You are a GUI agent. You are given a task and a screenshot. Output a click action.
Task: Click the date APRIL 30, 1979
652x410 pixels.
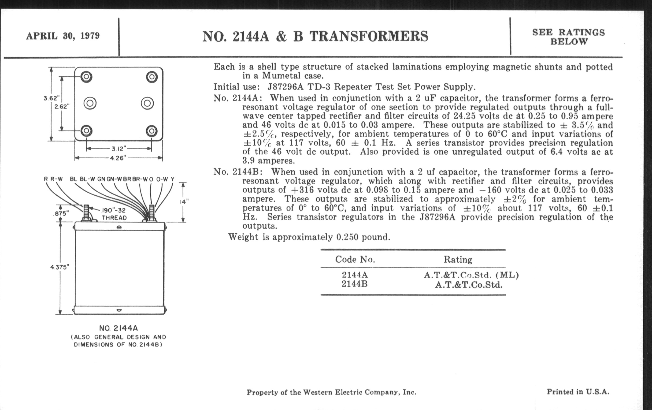tap(63, 36)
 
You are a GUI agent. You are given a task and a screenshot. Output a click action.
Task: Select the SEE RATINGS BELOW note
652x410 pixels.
tap(568, 37)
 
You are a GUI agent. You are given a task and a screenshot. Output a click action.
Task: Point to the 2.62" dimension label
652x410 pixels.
tap(62, 107)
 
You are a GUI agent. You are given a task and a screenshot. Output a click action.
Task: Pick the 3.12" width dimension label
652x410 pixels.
tap(119, 148)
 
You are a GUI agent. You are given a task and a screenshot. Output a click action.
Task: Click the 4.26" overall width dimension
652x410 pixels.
tap(118, 158)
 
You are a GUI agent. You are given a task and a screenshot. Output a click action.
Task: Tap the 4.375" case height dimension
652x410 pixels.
tap(60, 267)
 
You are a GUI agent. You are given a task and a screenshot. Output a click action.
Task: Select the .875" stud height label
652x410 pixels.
tap(61, 214)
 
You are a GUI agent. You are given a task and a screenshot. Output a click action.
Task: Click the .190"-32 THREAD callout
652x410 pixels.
tap(114, 214)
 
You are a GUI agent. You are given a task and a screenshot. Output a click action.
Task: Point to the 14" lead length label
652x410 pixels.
tap(184, 202)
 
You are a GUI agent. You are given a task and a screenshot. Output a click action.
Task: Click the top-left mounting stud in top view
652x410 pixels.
tap(86, 77)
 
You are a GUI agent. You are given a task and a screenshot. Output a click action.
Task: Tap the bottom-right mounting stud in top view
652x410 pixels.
tap(152, 131)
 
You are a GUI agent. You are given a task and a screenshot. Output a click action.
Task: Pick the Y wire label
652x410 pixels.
tap(172, 179)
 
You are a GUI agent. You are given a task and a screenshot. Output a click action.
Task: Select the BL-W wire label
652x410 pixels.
tap(87, 179)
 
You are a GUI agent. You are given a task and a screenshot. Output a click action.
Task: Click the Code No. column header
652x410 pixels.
tap(355, 259)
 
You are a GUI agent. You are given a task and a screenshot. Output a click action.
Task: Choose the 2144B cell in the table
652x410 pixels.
tap(354, 284)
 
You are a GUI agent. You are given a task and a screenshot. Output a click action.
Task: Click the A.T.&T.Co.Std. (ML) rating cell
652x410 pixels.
tap(471, 275)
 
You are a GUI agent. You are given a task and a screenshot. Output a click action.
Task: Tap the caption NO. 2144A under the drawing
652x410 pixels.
tap(118, 328)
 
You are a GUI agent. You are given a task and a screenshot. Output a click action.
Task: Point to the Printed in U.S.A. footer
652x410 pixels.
tap(578, 392)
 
